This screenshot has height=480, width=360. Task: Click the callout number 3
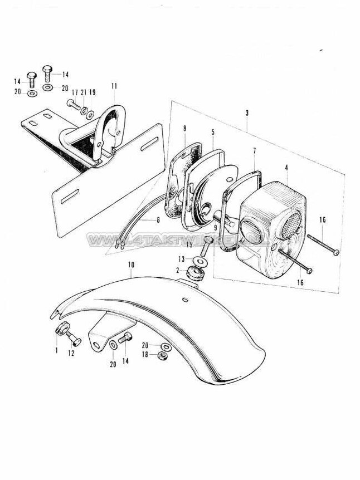[246, 113]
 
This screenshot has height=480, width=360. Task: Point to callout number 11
[115, 86]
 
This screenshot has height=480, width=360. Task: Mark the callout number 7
[254, 151]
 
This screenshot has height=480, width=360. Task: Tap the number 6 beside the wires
[158, 221]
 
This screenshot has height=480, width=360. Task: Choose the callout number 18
[145, 354]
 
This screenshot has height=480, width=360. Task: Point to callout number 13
[181, 259]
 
